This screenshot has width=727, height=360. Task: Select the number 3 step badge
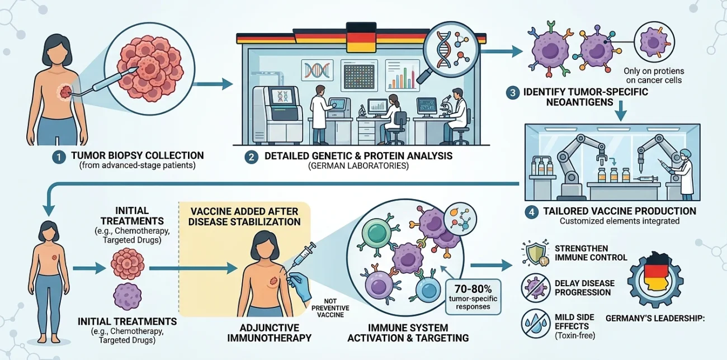tap(513, 93)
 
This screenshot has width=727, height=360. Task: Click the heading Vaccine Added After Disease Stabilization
tap(244, 216)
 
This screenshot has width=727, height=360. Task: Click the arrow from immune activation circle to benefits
tap(488, 267)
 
